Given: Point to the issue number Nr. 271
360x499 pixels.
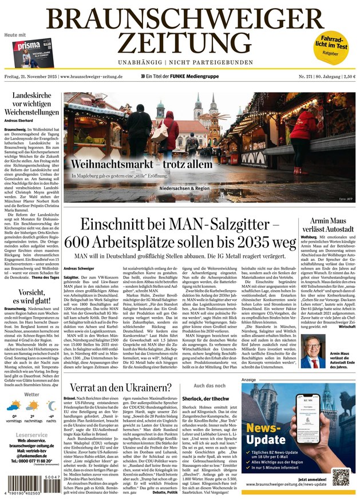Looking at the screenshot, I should (295, 76).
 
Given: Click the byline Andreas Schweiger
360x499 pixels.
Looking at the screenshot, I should (79, 268).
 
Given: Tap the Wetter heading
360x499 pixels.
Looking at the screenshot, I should (31, 394).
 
